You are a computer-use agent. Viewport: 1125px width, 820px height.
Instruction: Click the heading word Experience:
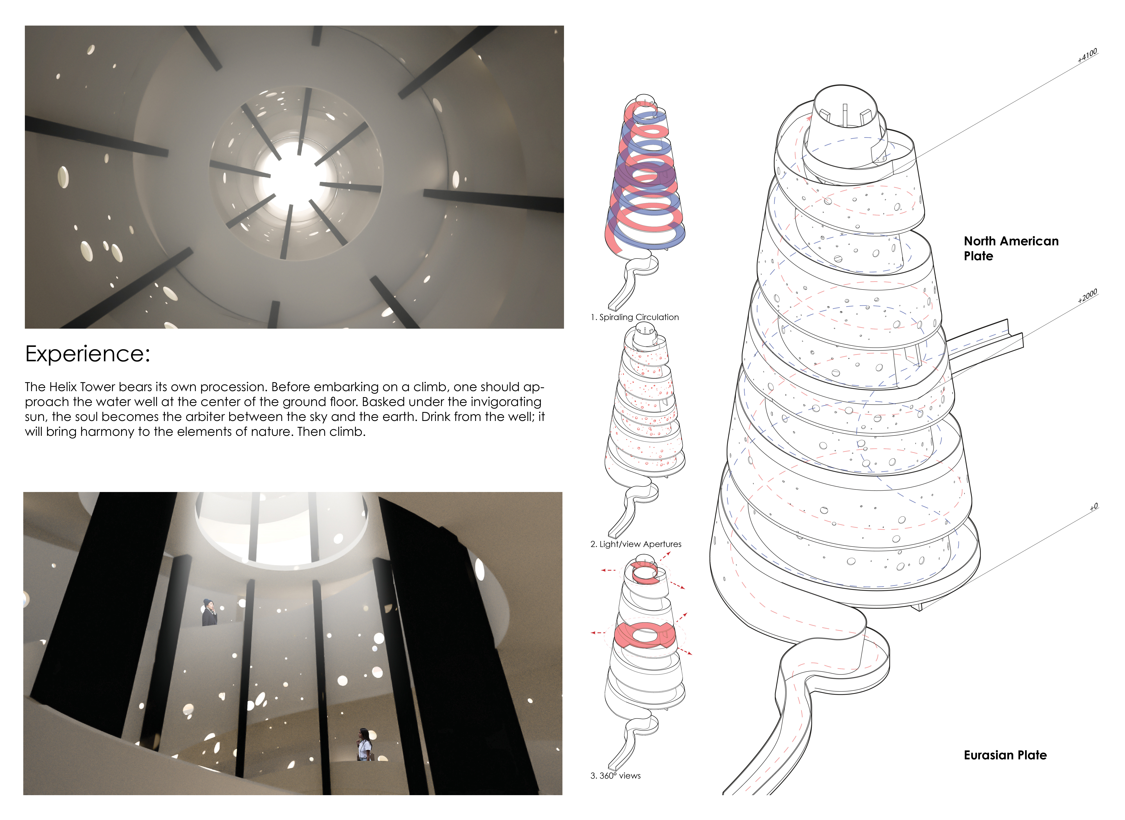tap(87, 354)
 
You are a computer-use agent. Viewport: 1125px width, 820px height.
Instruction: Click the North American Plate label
tap(1011, 248)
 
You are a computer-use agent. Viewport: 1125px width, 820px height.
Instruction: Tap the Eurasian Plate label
tap(1005, 755)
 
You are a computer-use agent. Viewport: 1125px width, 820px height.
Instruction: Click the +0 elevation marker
tap(1094, 507)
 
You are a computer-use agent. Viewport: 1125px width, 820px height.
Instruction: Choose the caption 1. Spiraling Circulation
tap(634, 317)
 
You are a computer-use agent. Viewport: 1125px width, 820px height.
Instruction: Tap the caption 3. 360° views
tap(616, 775)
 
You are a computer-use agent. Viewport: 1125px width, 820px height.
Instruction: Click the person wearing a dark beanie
tap(209, 612)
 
